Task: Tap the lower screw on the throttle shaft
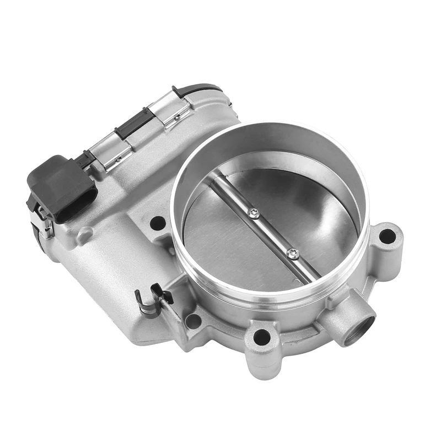[x=293, y=254]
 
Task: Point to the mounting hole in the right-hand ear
[x=388, y=235]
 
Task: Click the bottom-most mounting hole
[x=262, y=336]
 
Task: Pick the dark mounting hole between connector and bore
[x=158, y=223]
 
